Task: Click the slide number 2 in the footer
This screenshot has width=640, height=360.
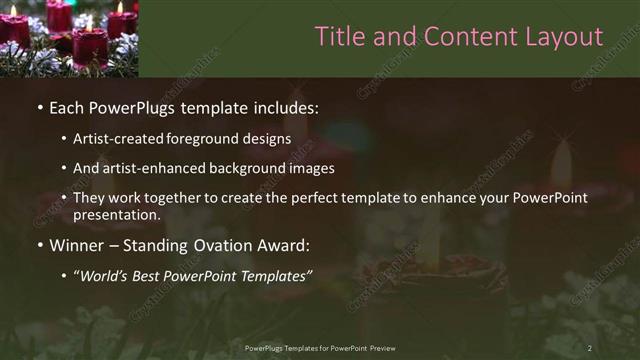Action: coord(589,347)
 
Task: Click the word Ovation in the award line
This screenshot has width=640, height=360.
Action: coord(217,245)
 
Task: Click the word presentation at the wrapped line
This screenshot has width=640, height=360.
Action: coord(117,214)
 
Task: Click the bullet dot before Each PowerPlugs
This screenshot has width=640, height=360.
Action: coord(39,106)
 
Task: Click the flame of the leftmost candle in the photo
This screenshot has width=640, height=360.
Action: coord(13,11)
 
